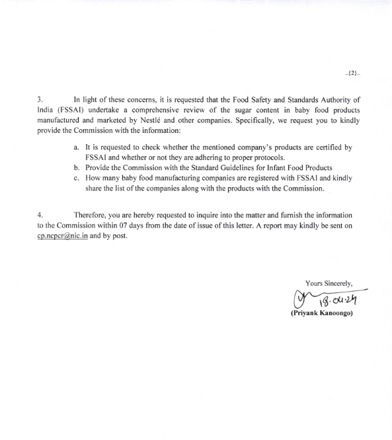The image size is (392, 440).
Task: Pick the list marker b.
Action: click(77, 168)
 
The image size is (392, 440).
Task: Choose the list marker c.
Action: click(77, 179)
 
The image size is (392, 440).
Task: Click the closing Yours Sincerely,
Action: click(329, 283)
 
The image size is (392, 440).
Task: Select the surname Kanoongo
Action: click(336, 313)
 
